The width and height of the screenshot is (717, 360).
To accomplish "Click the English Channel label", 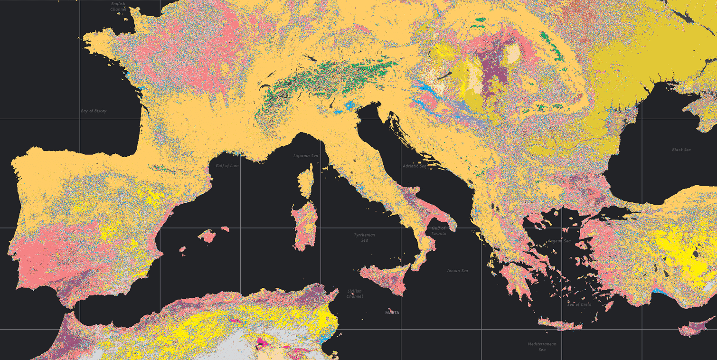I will (118, 7).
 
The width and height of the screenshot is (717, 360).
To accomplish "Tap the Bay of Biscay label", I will (94, 111).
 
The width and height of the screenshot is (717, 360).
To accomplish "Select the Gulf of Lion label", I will (227, 166).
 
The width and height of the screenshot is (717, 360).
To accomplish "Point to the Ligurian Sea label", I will (306, 156).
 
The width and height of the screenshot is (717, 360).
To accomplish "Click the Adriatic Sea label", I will (415, 166).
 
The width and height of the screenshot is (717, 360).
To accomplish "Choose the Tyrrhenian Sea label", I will (364, 237).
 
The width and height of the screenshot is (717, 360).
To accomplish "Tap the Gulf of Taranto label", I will (439, 231).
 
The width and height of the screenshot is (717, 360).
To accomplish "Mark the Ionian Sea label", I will (457, 271).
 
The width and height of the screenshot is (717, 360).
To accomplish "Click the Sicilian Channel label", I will (354, 294).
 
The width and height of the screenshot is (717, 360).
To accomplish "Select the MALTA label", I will (392, 313).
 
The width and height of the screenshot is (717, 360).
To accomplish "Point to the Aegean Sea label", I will (559, 241).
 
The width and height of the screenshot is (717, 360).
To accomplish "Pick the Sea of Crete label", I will (579, 304).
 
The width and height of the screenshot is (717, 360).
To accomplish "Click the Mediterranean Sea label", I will (542, 347).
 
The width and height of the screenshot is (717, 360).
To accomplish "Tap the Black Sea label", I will (681, 150).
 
